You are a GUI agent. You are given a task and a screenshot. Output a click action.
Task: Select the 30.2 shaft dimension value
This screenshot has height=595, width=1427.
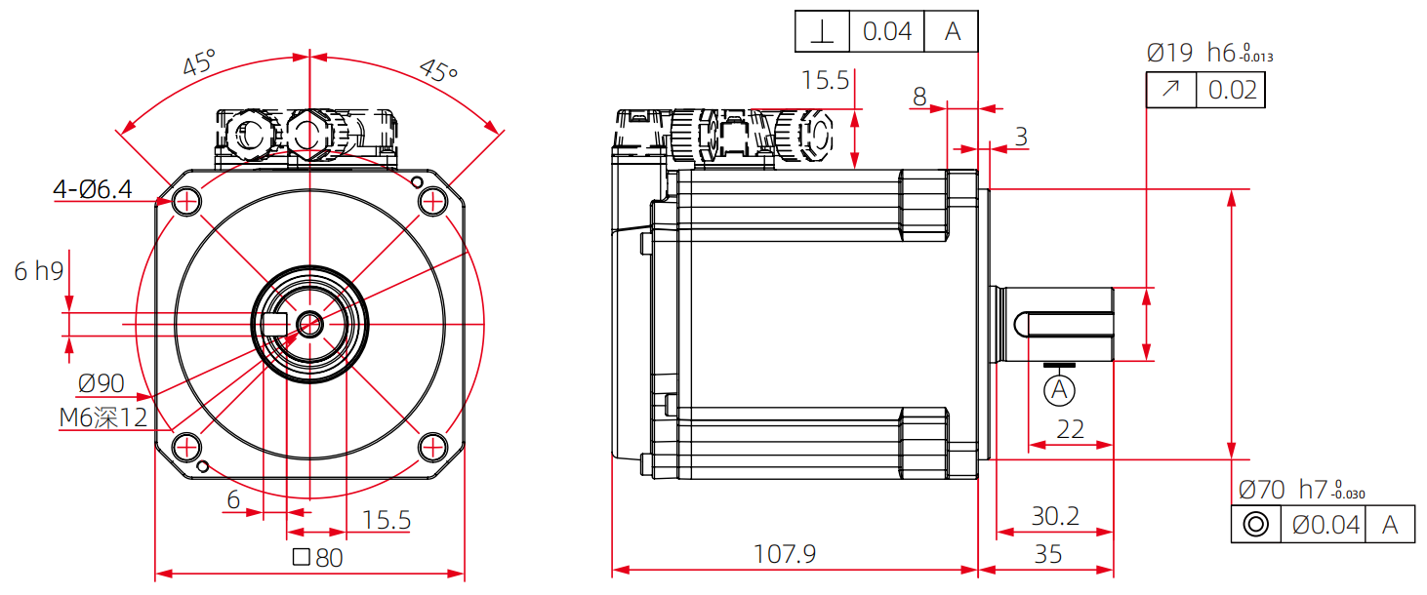pyautogui.click(x=1055, y=515)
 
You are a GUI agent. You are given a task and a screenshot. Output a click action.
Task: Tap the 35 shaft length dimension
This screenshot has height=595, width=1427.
pyautogui.click(x=1047, y=554)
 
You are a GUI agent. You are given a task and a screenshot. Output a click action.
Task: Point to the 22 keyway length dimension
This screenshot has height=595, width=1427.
pyautogui.click(x=1071, y=429)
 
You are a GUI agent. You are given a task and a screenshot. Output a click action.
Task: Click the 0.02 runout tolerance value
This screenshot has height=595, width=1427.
pyautogui.click(x=1233, y=91)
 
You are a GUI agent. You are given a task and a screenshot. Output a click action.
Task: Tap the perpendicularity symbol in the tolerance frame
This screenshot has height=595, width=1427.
pyautogui.click(x=823, y=32)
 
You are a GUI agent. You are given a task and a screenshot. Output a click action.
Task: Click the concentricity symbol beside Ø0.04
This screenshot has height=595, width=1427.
pyautogui.click(x=1256, y=525)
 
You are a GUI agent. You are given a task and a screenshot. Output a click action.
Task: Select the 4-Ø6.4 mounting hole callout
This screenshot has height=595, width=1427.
pyautogui.click(x=92, y=189)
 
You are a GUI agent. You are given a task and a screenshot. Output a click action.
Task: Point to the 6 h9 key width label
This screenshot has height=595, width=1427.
pyautogui.click(x=39, y=271)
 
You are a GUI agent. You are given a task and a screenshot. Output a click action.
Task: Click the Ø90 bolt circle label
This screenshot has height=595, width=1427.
pyautogui.click(x=101, y=382)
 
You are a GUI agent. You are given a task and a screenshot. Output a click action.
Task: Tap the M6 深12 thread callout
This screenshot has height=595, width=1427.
pyautogui.click(x=102, y=417)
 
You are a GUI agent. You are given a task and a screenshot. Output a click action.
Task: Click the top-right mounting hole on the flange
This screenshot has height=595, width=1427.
pyautogui.click(x=431, y=201)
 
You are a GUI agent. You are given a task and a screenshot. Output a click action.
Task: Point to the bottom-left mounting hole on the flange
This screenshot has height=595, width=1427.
pyautogui.click(x=185, y=447)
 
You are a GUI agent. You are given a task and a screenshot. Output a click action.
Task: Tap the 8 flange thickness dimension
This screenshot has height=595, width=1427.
pyautogui.click(x=919, y=96)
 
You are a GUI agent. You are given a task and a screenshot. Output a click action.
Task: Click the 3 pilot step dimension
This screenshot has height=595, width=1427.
pyautogui.click(x=1020, y=137)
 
